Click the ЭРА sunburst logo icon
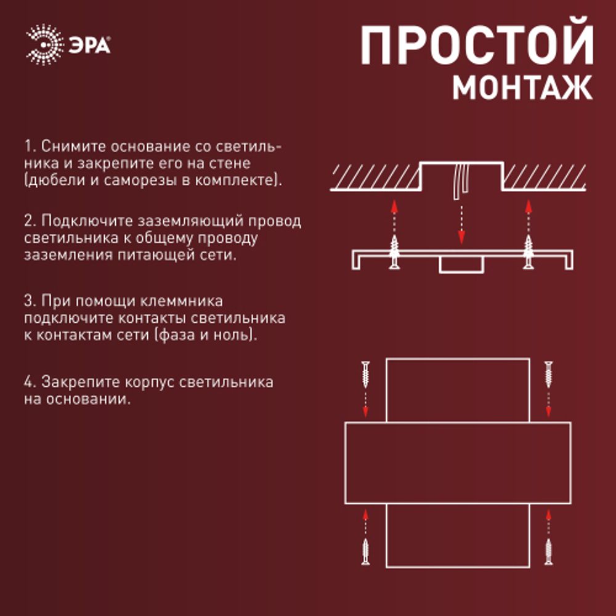click(x=44, y=45)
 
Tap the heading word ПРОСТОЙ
click(x=477, y=47)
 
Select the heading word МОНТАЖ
click(x=522, y=88)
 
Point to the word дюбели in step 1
click(x=52, y=181)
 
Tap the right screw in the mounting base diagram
click(x=528, y=253)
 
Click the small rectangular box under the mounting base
click(x=461, y=265)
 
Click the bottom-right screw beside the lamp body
click(x=548, y=551)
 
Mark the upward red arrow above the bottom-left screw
click(x=366, y=521)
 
